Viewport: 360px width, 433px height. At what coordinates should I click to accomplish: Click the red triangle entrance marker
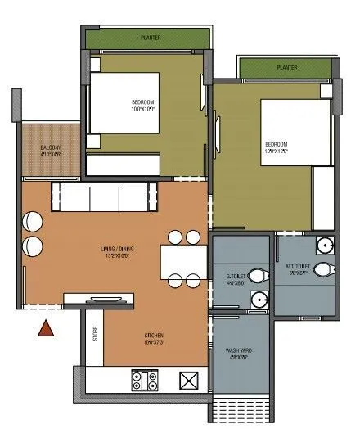(47, 329)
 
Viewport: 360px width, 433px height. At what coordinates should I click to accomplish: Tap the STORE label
(96, 335)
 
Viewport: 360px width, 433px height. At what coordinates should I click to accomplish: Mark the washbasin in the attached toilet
(326, 243)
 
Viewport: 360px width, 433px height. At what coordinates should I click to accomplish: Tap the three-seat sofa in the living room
(102, 197)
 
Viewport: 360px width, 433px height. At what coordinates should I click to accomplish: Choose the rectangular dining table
(183, 259)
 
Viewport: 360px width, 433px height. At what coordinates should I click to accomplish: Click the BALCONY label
(51, 149)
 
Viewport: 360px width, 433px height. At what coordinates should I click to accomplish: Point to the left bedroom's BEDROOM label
(143, 103)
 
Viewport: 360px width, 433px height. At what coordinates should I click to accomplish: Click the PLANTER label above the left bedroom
(149, 37)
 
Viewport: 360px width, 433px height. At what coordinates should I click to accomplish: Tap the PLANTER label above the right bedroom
(286, 67)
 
